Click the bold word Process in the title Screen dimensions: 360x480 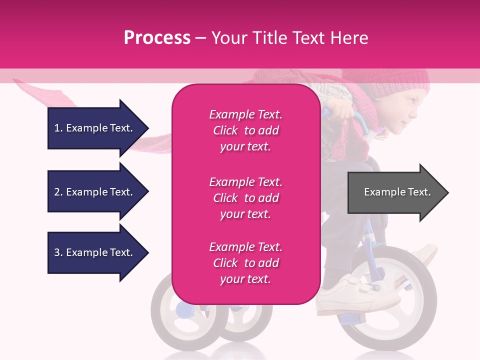[x=157, y=37]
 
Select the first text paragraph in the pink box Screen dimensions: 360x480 [x=245, y=130]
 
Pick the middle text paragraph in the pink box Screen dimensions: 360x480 [x=245, y=198]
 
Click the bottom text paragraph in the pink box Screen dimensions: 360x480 [x=245, y=263]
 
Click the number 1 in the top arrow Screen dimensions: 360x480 [x=57, y=128]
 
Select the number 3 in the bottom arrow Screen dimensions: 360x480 [x=57, y=252]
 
